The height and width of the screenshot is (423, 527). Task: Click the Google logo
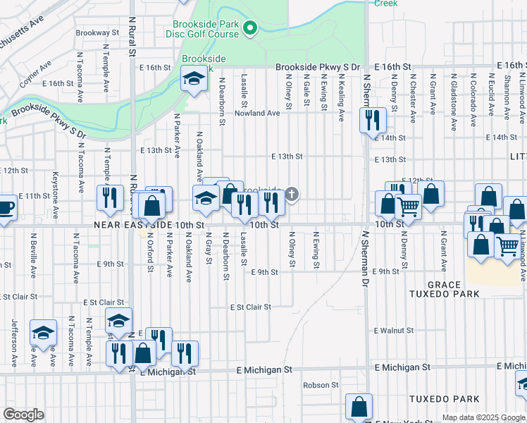click(x=23, y=415)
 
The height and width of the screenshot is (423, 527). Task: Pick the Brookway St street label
click(x=97, y=32)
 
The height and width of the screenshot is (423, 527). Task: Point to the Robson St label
click(x=321, y=385)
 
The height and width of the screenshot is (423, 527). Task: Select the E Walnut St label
click(x=393, y=330)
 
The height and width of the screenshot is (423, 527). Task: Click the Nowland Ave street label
click(x=257, y=113)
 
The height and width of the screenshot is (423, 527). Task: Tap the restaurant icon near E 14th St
click(x=371, y=120)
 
